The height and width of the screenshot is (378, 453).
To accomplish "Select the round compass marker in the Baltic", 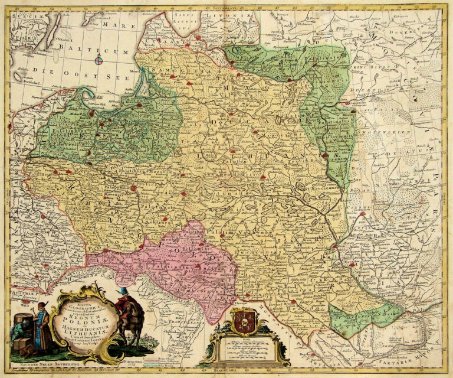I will click(99, 59).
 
